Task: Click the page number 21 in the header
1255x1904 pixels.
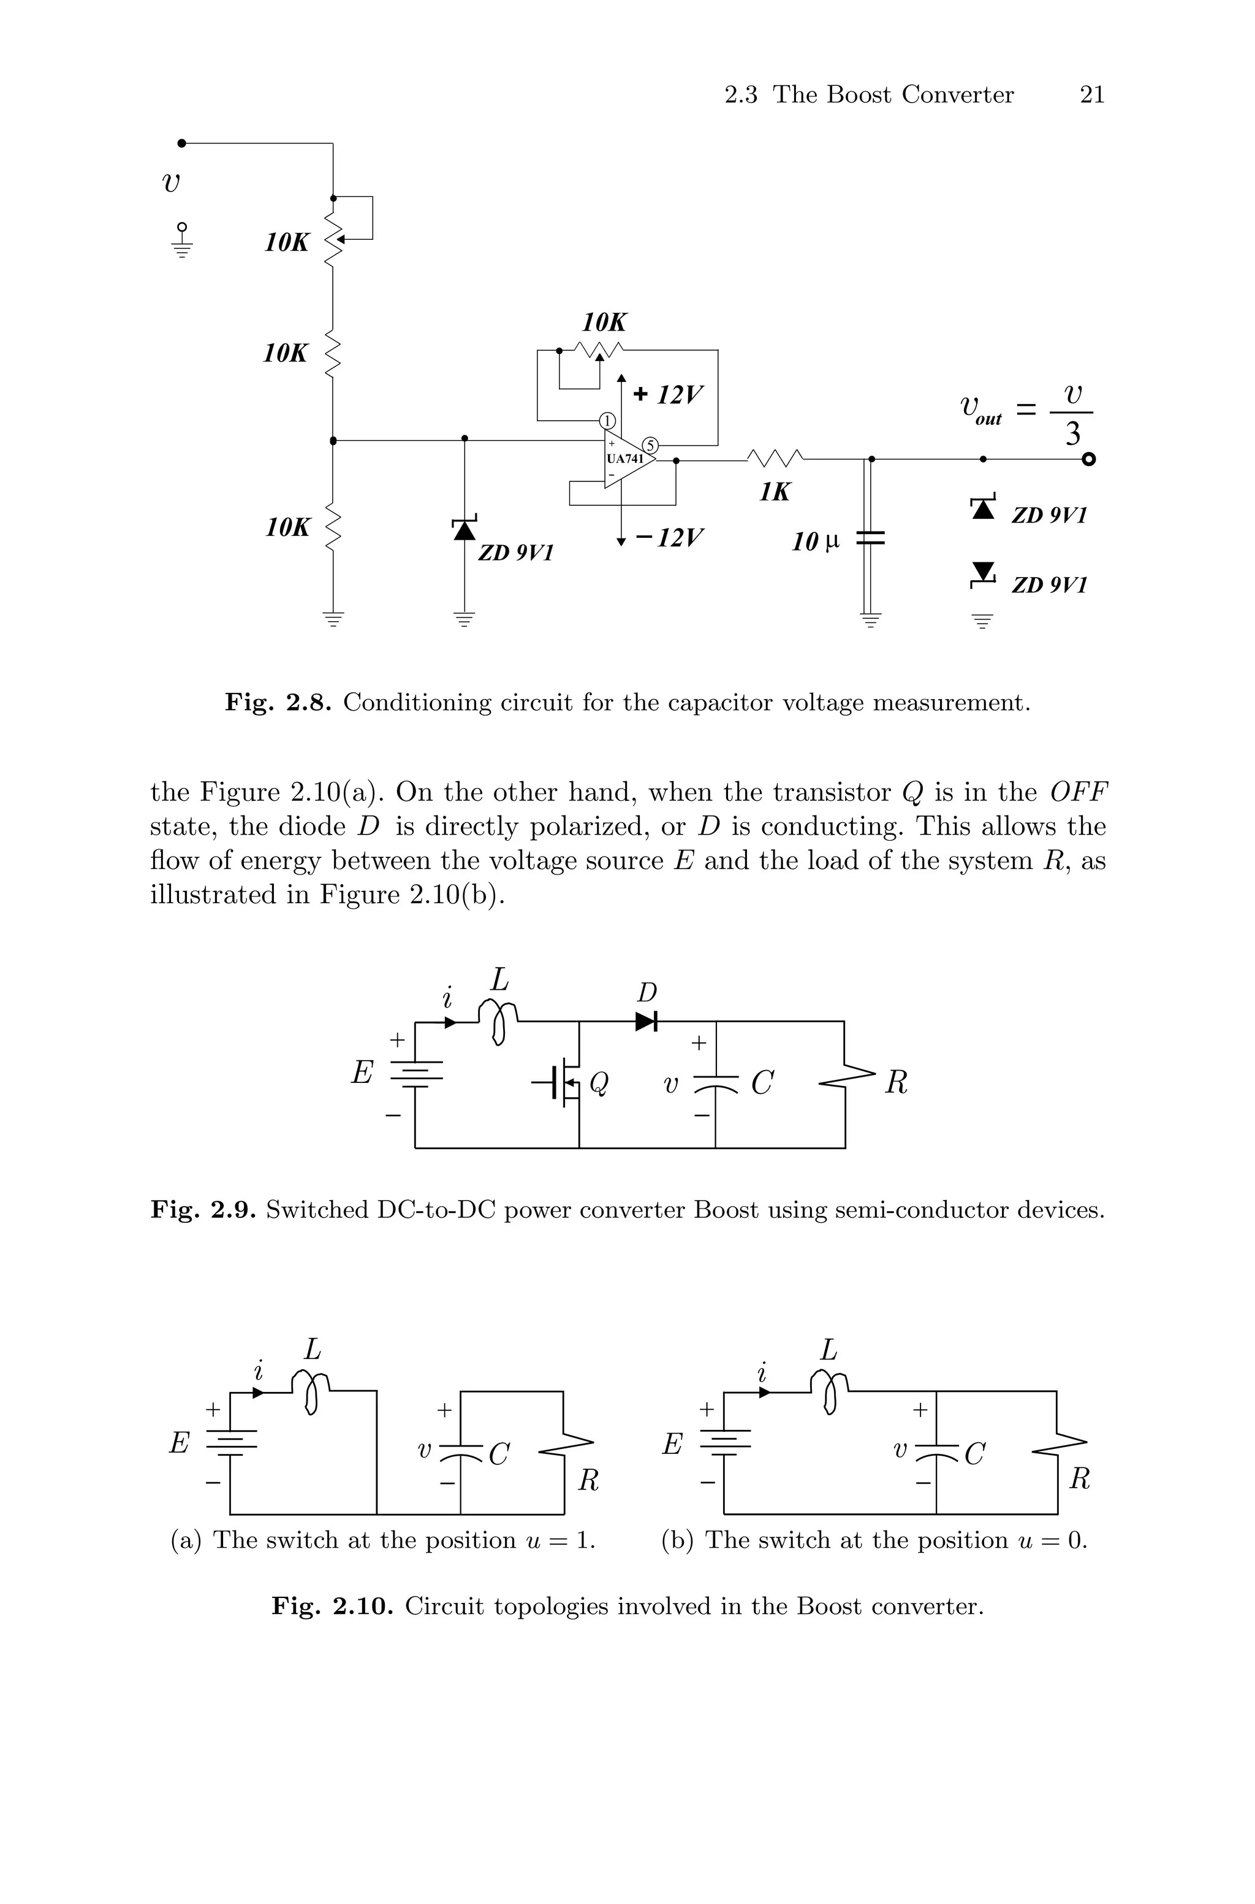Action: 1092,94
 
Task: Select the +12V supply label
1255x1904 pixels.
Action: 669,395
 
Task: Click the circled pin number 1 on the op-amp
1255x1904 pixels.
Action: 607,421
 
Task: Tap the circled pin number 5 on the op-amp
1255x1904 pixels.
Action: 651,446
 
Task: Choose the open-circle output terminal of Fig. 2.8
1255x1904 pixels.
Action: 1088,459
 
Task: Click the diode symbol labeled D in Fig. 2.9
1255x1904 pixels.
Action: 646,1022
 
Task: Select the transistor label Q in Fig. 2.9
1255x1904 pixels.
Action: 598,1084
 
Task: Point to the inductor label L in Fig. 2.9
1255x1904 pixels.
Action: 499,979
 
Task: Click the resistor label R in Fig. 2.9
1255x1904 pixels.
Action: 897,1084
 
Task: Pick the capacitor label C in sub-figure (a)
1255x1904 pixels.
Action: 499,1454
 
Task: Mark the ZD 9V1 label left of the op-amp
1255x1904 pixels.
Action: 515,552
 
